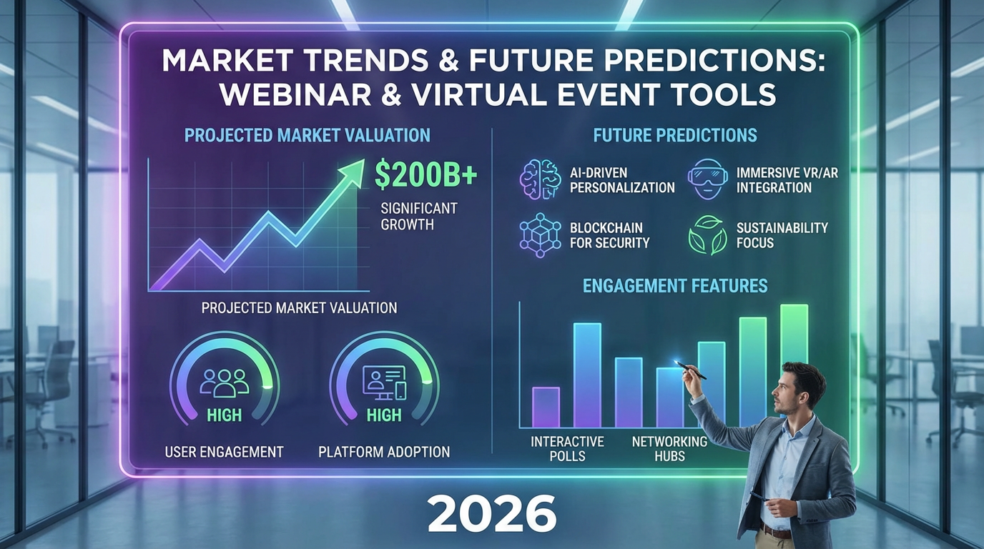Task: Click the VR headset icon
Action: (707, 179)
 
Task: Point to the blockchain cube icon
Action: (537, 235)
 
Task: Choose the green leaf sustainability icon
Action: (707, 235)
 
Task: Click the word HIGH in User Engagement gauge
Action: (224, 415)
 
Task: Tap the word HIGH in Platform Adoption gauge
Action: (384, 415)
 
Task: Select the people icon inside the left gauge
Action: (224, 382)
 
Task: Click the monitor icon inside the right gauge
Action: (384, 382)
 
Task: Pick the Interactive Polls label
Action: (567, 449)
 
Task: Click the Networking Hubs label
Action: (669, 449)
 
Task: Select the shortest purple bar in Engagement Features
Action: (546, 407)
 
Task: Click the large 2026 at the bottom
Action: (492, 513)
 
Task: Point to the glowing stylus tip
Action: (677, 363)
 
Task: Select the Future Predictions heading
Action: (675, 134)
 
